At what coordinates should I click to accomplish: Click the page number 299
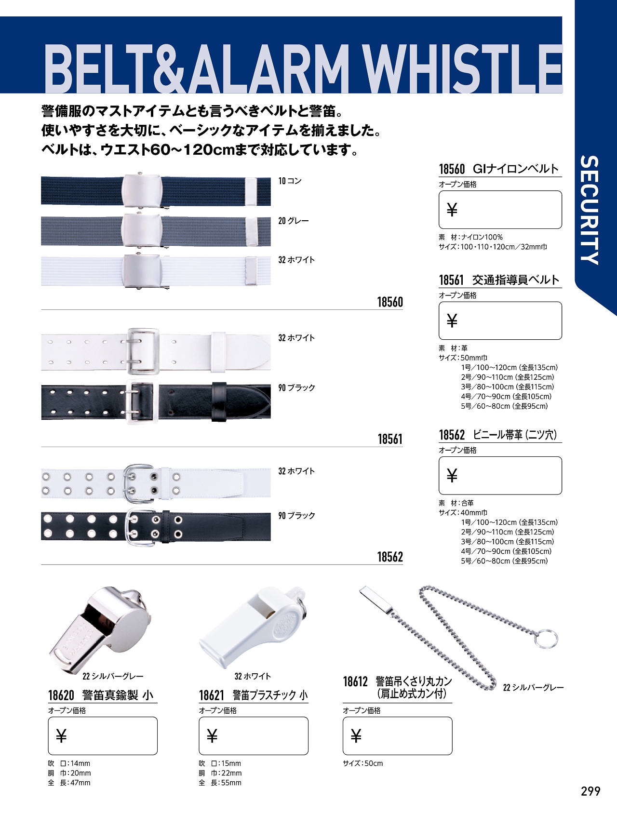click(590, 791)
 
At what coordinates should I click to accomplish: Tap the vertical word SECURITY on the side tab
click(590, 210)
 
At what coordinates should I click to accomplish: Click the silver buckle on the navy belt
click(141, 191)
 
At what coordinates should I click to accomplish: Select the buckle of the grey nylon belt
click(141, 230)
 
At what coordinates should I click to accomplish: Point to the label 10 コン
click(290, 181)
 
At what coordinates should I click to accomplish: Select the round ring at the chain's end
click(546, 638)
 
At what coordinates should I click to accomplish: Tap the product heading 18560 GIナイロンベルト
click(498, 169)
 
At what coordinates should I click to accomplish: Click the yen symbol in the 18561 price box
click(452, 320)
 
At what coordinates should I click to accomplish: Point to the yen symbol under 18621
click(212, 736)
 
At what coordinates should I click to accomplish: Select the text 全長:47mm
click(69, 783)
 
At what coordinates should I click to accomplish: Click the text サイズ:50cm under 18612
click(363, 763)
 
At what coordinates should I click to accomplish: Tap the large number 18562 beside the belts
click(390, 557)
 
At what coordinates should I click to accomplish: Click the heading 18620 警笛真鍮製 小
click(101, 695)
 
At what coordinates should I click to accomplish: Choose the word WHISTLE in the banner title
click(463, 68)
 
